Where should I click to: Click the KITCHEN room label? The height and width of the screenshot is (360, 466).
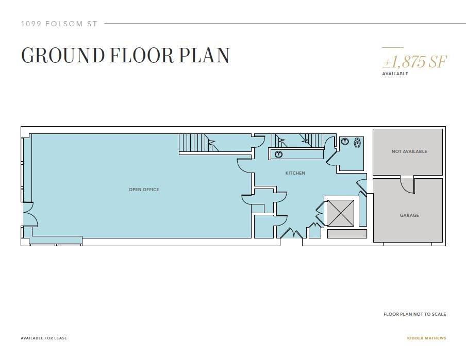tap(295, 173)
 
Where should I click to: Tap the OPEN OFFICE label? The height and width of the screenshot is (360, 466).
tap(144, 190)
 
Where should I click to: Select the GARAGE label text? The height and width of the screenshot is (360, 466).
tap(409, 215)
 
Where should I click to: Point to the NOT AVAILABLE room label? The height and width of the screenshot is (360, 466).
tap(409, 151)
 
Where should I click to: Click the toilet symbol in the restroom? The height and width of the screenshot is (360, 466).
tap(358, 143)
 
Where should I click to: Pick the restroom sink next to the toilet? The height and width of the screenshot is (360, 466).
tap(345, 141)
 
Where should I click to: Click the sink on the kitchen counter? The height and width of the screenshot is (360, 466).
tap(278, 154)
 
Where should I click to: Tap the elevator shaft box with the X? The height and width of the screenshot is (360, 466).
tap(340, 213)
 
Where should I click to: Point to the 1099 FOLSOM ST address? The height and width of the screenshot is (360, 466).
tap(59, 24)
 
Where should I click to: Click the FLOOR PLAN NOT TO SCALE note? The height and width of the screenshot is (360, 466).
tap(414, 314)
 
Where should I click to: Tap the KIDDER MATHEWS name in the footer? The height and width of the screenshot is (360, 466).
tap(426, 338)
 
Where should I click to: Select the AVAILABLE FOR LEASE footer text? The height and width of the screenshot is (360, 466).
tap(44, 338)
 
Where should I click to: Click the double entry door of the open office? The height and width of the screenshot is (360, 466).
tap(30, 214)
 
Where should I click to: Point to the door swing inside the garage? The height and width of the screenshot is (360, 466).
tap(407, 185)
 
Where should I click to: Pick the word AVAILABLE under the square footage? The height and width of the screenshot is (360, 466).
tap(395, 74)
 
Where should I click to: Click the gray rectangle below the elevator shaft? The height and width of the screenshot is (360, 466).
tap(347, 234)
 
